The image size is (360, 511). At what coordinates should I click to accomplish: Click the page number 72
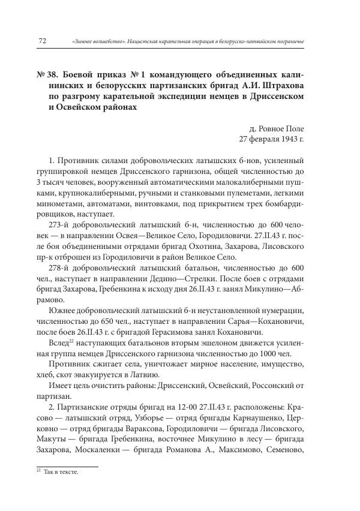[43, 40]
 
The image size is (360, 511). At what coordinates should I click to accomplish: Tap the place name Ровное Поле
[277, 129]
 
